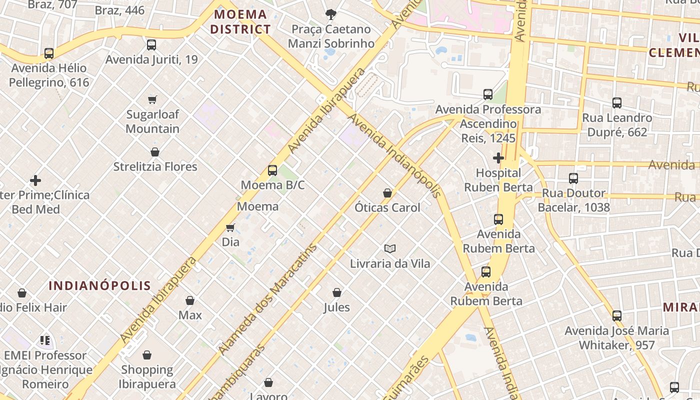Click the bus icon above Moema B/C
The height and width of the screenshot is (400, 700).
[272, 170]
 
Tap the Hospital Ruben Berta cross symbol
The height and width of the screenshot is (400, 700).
[498, 158]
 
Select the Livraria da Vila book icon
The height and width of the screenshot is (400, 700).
[390, 248]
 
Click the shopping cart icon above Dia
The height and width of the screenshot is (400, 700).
[230, 227]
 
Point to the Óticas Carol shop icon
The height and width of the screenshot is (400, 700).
[387, 192]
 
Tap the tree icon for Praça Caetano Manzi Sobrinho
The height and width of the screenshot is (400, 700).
[330, 14]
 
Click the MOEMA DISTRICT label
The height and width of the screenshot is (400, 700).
[240, 21]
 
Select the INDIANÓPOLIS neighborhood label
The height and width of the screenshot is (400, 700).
[99, 285]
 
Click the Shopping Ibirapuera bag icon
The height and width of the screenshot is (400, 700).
[147, 355]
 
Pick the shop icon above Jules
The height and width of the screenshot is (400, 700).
[337, 292]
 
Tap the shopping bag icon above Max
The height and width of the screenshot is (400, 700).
[190, 300]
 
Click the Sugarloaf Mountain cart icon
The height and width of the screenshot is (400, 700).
[152, 99]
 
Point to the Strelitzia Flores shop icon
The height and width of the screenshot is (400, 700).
[155, 151]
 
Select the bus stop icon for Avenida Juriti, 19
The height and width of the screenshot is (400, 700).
[151, 45]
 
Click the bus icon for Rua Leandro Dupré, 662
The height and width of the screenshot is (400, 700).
[617, 103]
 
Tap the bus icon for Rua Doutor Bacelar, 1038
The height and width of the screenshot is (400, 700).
[573, 178]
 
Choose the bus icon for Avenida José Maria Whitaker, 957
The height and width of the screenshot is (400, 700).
[617, 315]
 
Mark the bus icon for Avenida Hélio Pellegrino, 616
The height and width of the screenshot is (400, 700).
[48, 53]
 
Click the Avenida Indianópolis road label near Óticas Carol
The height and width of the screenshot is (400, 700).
[395, 155]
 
